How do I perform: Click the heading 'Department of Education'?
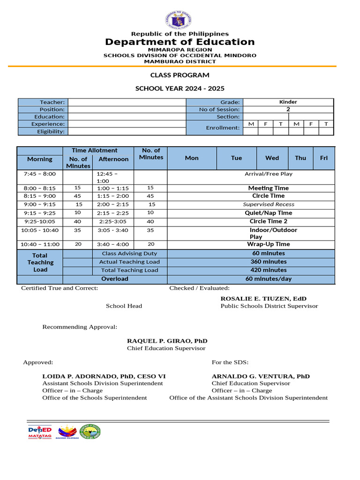click(180, 42)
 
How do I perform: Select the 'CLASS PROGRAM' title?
click(180, 75)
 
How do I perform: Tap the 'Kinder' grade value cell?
click(288, 102)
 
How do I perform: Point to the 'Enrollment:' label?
click(223, 127)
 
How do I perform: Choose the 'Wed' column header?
click(272, 158)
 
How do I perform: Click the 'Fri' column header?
click(323, 158)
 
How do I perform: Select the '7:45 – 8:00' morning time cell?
click(39, 174)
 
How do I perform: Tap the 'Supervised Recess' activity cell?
click(269, 204)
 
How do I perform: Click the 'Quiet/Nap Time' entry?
click(269, 213)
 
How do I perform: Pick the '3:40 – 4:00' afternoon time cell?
click(113, 244)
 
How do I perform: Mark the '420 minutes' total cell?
click(269, 270)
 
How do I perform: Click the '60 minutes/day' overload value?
click(269, 279)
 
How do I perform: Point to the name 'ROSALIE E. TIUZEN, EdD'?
click(263, 299)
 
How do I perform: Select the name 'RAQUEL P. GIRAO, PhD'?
click(167, 341)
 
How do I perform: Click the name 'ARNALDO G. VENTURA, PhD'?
click(261, 376)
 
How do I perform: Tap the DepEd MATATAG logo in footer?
click(40, 432)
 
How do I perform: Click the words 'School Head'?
click(124, 306)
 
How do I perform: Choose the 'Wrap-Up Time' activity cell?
click(269, 244)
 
